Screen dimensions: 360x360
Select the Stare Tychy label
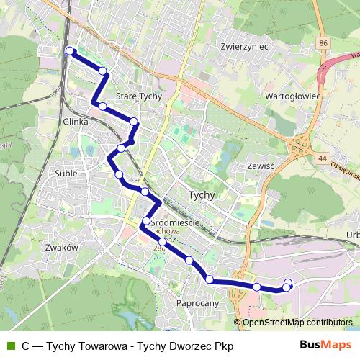coord(139,96)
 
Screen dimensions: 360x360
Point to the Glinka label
coord(76,122)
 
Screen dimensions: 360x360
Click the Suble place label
coord(66,174)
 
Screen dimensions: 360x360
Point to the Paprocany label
coord(197,303)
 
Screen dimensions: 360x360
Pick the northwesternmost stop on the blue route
coord(70,50)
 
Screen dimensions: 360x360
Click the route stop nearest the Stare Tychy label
coord(134,121)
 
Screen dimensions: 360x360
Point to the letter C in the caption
coord(25,346)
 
